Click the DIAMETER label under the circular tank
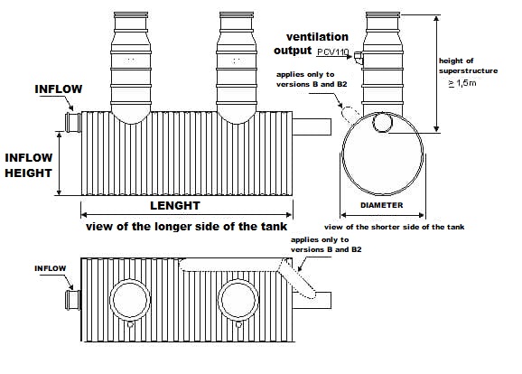[380, 203]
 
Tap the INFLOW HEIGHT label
[29, 164]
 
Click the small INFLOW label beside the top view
[51, 268]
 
